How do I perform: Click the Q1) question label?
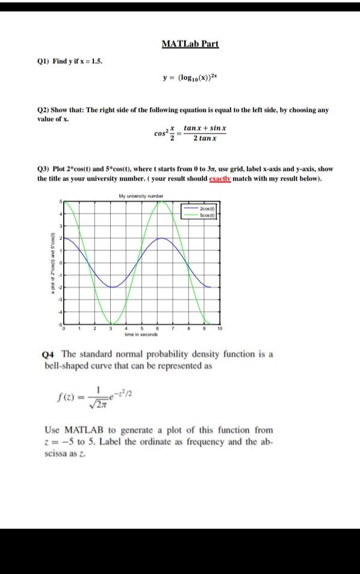point(45,61)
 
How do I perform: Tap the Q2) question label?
point(45,111)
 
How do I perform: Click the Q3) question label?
point(45,169)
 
